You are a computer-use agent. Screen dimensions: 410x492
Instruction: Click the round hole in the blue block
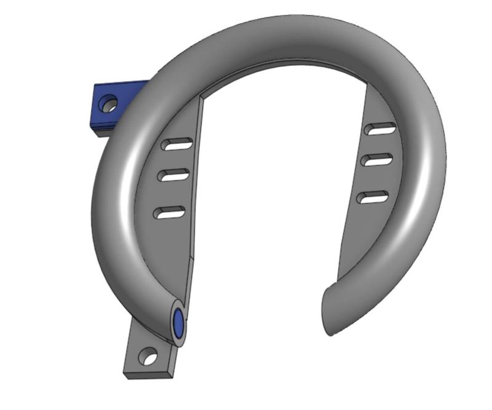pos(109,103)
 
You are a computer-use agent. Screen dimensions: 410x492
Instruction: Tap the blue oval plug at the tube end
pos(179,323)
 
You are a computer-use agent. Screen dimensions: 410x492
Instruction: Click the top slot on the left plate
pos(177,144)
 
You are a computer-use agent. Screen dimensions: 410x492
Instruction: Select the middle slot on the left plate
pos(173,175)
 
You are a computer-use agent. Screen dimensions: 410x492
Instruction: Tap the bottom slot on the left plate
pos(169,213)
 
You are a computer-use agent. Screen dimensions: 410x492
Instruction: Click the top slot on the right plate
pos(379,128)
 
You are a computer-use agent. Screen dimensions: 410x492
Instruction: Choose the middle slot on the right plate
pos(378,160)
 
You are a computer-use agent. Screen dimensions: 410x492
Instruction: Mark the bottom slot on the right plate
pos(373,197)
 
